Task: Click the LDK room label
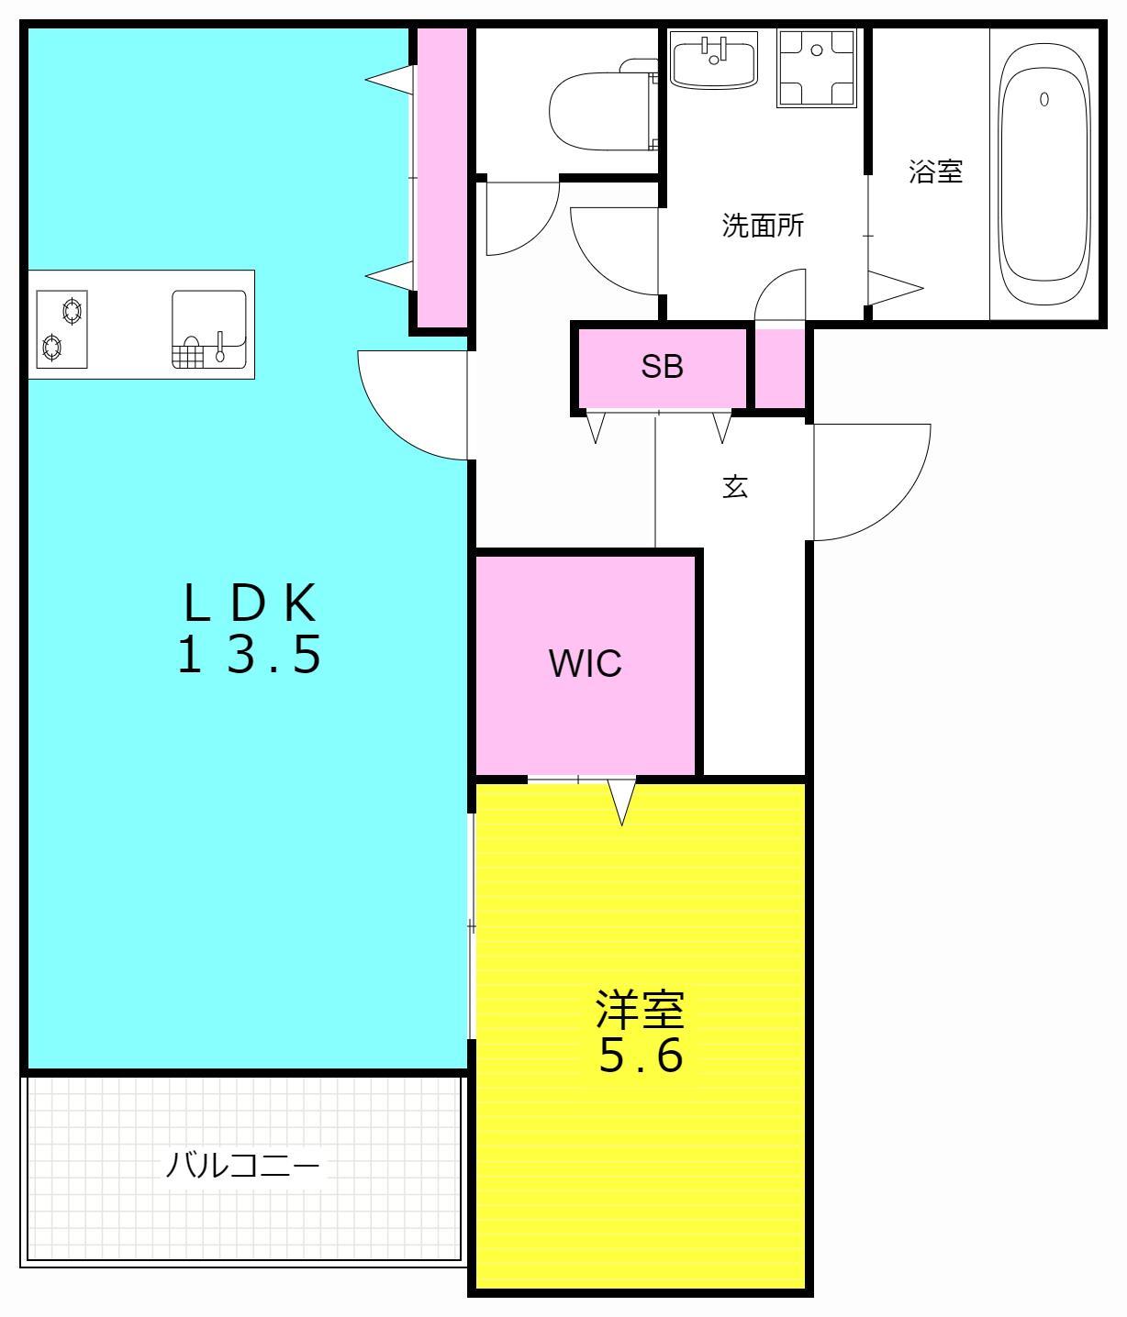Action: point(250,603)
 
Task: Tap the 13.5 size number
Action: point(250,654)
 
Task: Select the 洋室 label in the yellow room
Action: point(641,1011)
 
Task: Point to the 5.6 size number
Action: point(641,1056)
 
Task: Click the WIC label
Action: point(585,662)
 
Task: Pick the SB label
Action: point(662,367)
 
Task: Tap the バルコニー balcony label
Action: point(243,1167)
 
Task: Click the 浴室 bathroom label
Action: point(935,172)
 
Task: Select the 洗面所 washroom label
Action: point(763,225)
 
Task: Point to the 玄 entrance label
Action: point(735,487)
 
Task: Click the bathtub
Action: point(1044,174)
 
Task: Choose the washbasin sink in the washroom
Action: point(714,60)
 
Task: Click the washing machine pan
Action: point(816,67)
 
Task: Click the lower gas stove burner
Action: point(52,348)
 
